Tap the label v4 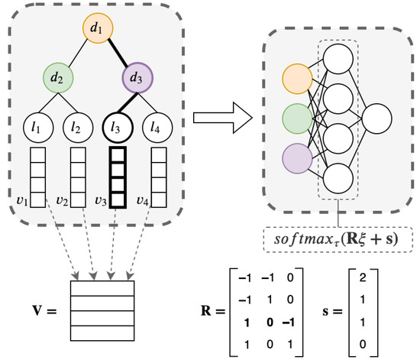(143, 202)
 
